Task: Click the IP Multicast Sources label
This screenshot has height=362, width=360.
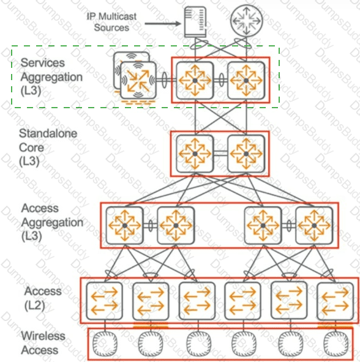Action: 111,21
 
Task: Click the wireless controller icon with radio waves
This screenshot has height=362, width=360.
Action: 138,80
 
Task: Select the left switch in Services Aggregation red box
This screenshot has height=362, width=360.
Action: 195,80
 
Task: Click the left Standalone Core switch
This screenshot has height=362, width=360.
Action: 195,153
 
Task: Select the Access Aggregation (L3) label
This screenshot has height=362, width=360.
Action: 52,222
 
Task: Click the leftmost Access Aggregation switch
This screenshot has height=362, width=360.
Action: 124,225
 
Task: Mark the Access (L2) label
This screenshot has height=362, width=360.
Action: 43,298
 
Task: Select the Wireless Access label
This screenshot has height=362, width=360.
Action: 40,343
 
